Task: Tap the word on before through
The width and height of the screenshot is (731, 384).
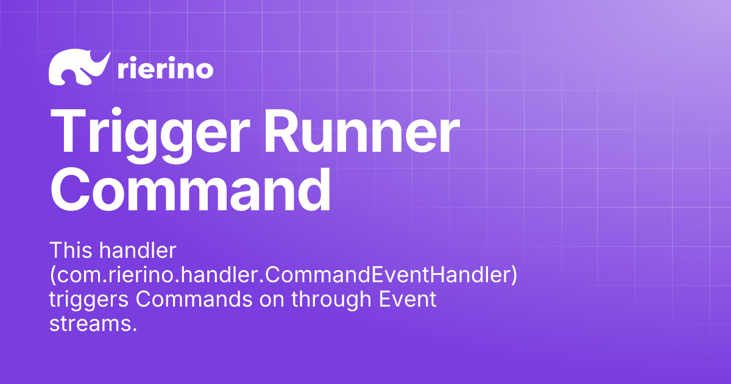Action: tap(274, 300)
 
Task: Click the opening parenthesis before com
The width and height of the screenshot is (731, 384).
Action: tap(52, 276)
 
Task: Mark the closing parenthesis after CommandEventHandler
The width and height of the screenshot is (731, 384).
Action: tap(514, 276)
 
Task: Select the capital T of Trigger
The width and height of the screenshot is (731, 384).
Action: tap(70, 133)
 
